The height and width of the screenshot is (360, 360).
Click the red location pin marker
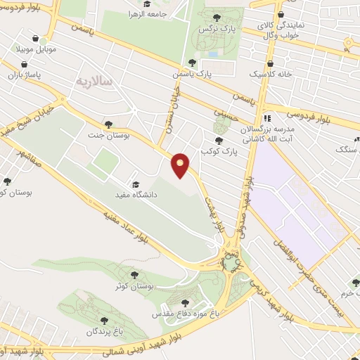click(181, 166)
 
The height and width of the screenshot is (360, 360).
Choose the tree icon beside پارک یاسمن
click(192, 62)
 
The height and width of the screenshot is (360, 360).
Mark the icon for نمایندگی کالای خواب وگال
click(280, 14)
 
